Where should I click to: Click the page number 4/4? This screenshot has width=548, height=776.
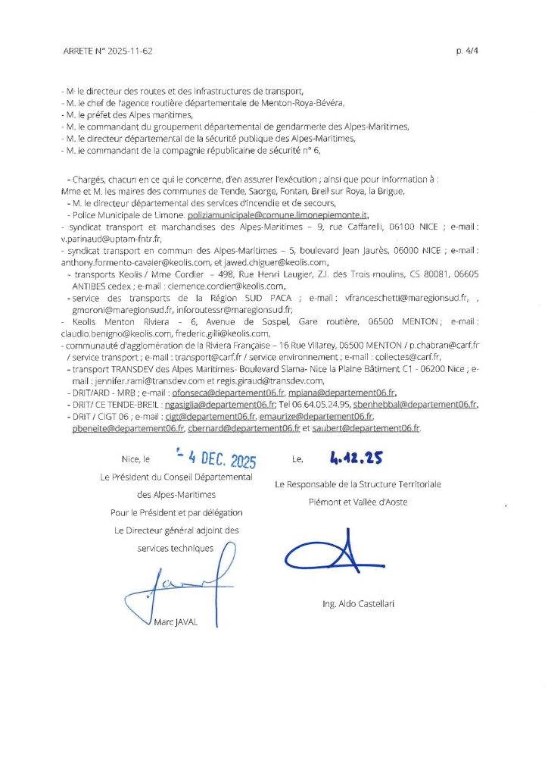pyautogui.click(x=468, y=52)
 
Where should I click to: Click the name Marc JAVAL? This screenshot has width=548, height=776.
pyautogui.click(x=176, y=622)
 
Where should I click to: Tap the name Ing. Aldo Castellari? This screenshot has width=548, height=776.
pyautogui.click(x=358, y=604)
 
